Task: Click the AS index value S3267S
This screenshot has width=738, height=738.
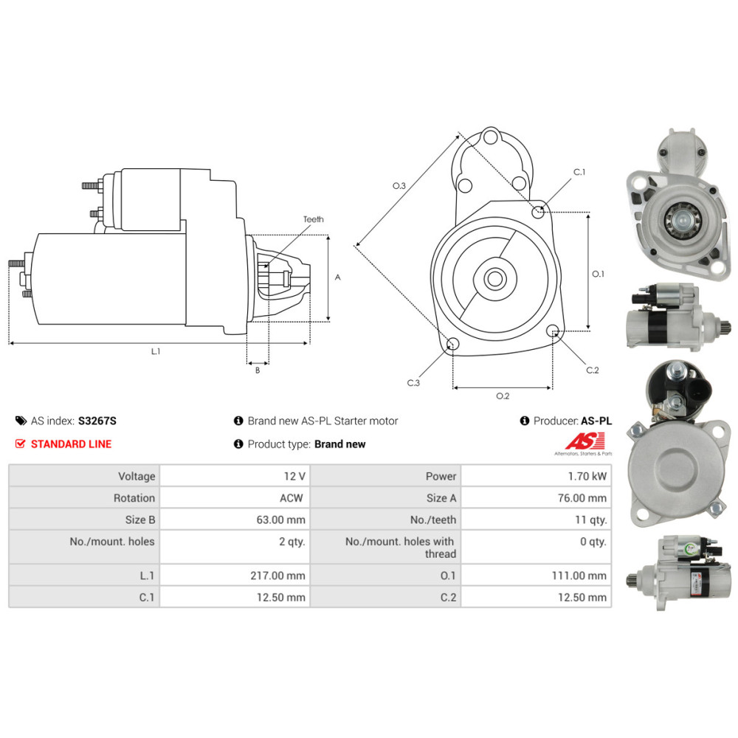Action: coord(97,421)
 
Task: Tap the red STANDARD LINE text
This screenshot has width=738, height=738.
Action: coord(71,444)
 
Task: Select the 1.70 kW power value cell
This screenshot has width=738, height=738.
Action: coord(536,476)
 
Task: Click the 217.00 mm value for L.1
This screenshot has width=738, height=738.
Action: coord(277,576)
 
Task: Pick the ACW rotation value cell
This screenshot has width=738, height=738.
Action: coord(235,497)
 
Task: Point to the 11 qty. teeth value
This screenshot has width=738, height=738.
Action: coord(591,520)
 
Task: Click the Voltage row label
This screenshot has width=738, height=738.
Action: coord(137,476)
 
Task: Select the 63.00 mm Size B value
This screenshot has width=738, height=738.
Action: coord(281,520)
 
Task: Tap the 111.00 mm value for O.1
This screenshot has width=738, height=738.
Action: coord(579,576)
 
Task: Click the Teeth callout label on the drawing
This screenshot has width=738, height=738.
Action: coord(314,219)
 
